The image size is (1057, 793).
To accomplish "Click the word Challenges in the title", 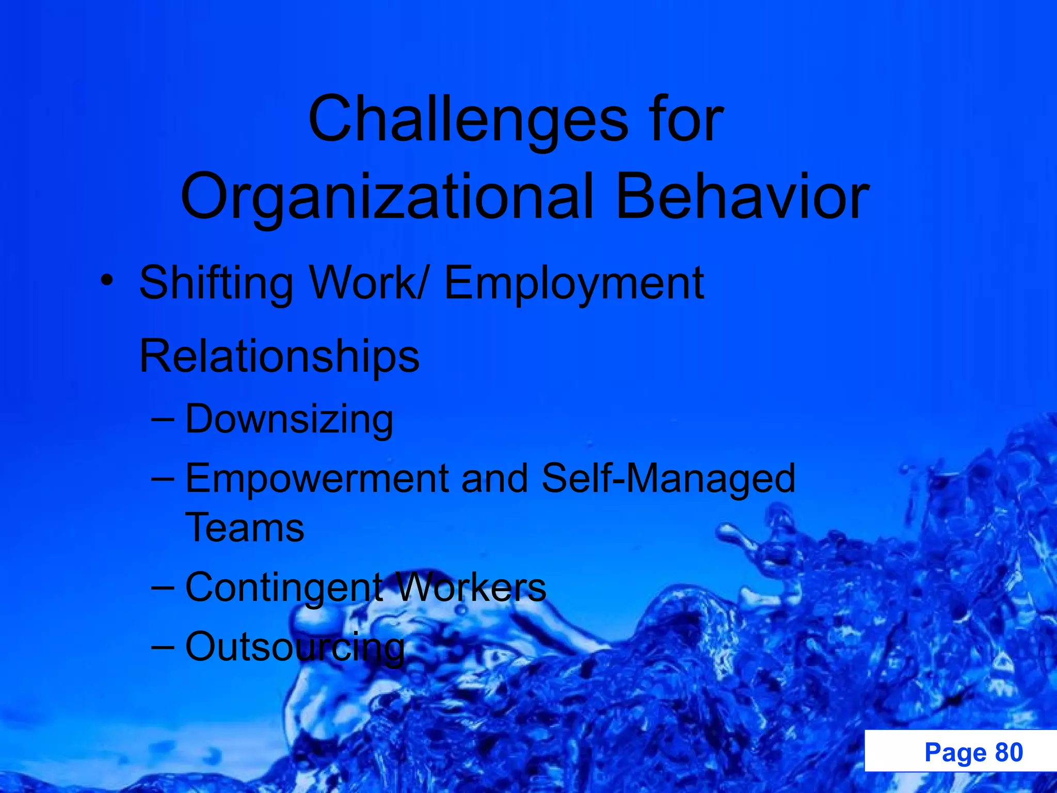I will [468, 120].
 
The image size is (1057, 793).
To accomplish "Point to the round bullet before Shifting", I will [107, 280].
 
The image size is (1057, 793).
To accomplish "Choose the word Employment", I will [574, 283].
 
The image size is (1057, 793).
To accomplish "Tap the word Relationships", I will [279, 356].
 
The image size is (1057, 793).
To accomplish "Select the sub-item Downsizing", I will [289, 419].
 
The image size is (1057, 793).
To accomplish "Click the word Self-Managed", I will [668, 478].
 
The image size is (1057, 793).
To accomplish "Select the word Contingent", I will [284, 588].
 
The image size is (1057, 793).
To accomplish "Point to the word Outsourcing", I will [295, 647].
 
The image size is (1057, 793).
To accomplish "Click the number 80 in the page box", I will [1008, 752].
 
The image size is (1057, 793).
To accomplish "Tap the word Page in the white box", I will [955, 752].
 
